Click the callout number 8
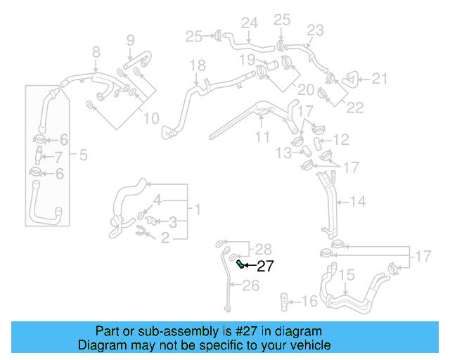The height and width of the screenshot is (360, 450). click(96, 51)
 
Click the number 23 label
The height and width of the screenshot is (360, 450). click(315, 30)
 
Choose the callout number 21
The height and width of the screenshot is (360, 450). click(380, 79)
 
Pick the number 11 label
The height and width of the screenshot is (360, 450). click(262, 136)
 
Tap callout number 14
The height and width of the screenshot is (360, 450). click(358, 202)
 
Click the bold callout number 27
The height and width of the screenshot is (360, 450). click(264, 266)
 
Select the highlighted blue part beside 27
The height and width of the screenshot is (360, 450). click(241, 264)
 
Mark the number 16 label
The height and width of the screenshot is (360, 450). click(309, 301)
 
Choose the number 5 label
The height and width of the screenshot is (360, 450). click(83, 155)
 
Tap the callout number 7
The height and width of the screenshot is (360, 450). click(58, 156)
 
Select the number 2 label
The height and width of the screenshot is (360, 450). click(166, 238)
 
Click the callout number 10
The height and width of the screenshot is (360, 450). click(151, 118)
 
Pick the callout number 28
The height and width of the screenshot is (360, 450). click(262, 248)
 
